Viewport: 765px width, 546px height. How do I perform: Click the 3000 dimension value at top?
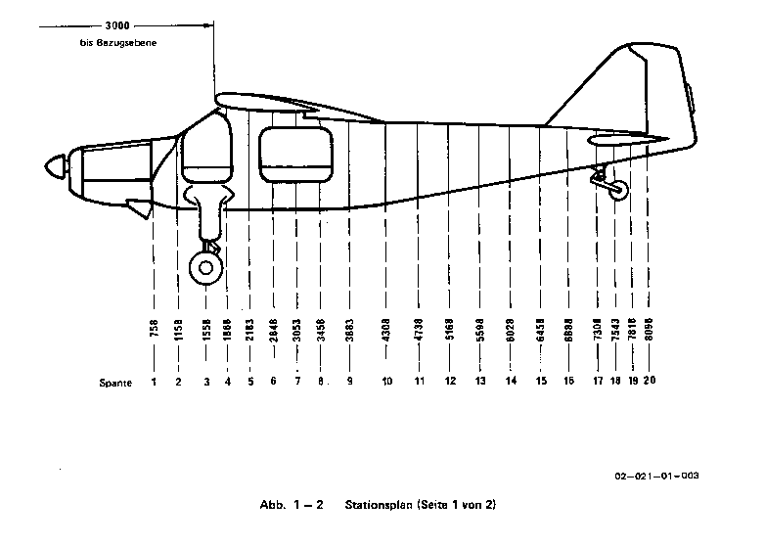pyautogui.click(x=119, y=24)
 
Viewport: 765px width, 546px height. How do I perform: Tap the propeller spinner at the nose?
pyautogui.click(x=51, y=169)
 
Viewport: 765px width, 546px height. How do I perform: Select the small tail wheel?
pyautogui.click(x=617, y=192)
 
